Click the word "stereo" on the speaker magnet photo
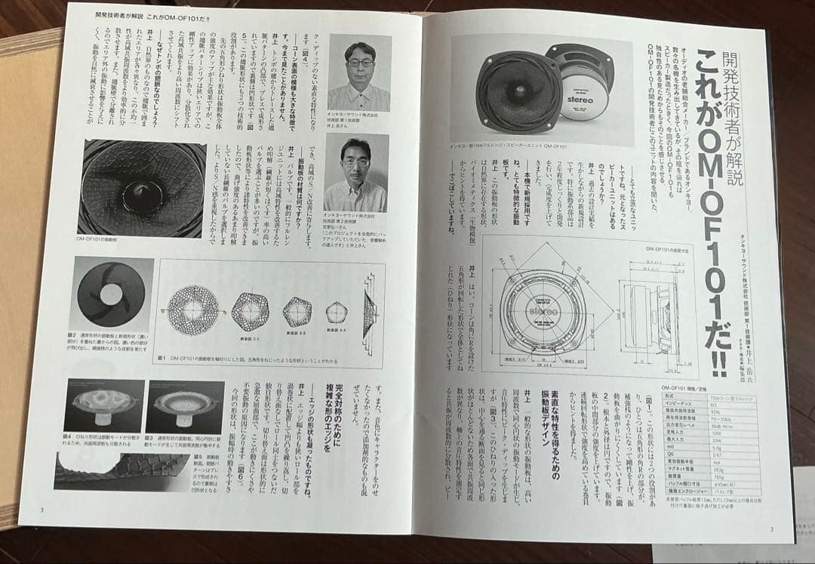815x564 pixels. [579, 98]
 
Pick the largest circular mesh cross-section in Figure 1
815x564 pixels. [192, 310]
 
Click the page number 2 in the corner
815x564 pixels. [773, 529]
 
